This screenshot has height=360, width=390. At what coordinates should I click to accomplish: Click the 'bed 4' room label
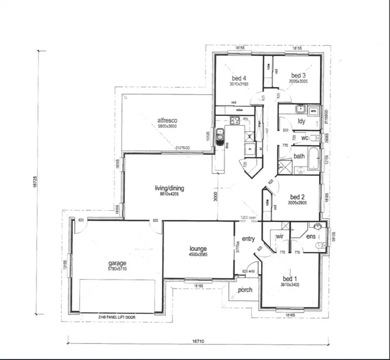tap(239, 79)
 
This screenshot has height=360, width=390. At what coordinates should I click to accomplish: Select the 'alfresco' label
tap(168, 120)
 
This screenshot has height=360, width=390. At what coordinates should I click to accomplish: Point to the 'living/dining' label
tap(169, 188)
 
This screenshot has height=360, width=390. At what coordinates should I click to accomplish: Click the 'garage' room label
tap(117, 264)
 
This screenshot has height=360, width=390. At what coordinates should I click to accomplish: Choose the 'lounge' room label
tap(198, 249)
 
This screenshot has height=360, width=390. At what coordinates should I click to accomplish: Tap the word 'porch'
tap(245, 290)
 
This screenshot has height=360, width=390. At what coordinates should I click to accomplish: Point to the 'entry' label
tap(248, 239)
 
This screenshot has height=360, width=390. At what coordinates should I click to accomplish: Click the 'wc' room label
tap(305, 138)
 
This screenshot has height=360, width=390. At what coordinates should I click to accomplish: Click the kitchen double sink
tap(220, 136)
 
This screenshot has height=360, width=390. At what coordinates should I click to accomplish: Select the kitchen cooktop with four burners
tap(235, 121)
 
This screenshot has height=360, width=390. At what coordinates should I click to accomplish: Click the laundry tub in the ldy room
tap(300, 109)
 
